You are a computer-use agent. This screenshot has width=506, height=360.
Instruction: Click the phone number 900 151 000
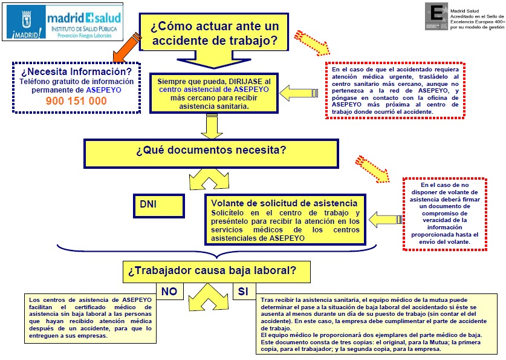click(76, 101)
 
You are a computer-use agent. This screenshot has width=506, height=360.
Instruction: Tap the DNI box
click(159, 205)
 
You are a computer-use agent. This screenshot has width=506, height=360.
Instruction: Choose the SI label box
click(243, 292)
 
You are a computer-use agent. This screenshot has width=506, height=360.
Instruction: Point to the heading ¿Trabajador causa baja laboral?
click(212, 270)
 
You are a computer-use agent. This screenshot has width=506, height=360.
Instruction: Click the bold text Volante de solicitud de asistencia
click(288, 203)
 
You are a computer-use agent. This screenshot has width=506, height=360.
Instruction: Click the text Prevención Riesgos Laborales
click(88, 36)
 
